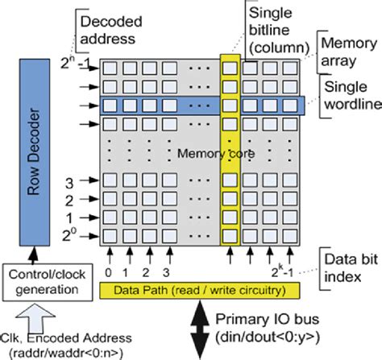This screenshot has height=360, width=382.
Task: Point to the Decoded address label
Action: click(x=106, y=29)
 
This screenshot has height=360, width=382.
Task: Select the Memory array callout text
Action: click(x=347, y=50)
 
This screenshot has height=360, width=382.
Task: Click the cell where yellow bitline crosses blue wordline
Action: click(x=230, y=105)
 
